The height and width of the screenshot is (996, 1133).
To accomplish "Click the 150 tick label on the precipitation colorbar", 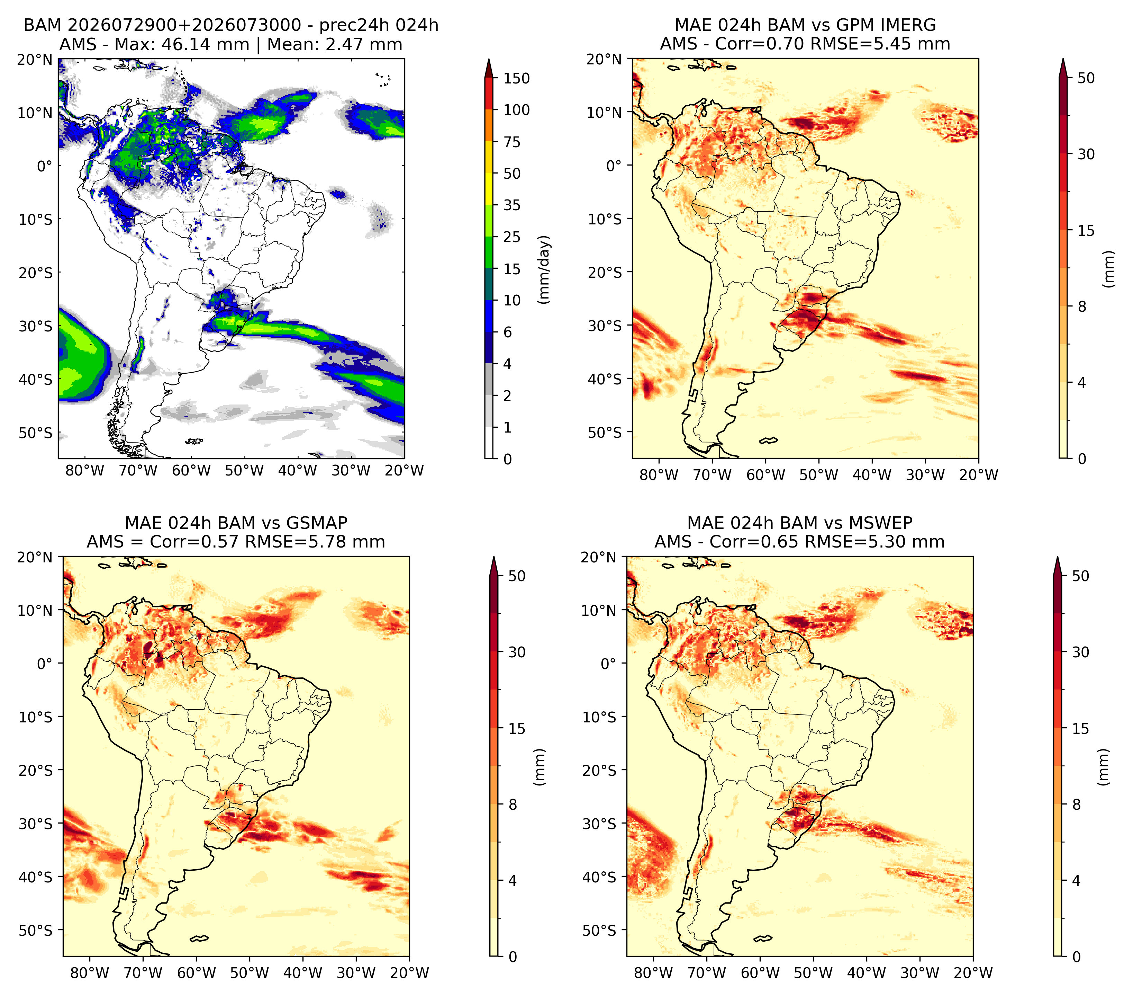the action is coord(516,78).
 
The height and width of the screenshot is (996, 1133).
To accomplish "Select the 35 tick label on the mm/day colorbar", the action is coord(511,205).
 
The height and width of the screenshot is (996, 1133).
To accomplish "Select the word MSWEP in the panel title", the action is coord(884,523).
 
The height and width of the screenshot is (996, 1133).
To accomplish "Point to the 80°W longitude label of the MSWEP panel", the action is coord(653,973).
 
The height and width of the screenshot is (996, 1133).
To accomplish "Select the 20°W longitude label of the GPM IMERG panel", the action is coord(979,475).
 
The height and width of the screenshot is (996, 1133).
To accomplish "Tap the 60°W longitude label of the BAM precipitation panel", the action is coord(191,471).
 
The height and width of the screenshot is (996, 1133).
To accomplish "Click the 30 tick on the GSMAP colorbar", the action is coord(517,652).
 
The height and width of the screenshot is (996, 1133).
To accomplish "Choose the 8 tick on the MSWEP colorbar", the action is coord(1077,805).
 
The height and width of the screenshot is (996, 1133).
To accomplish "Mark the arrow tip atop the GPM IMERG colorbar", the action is coord(1063,59).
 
